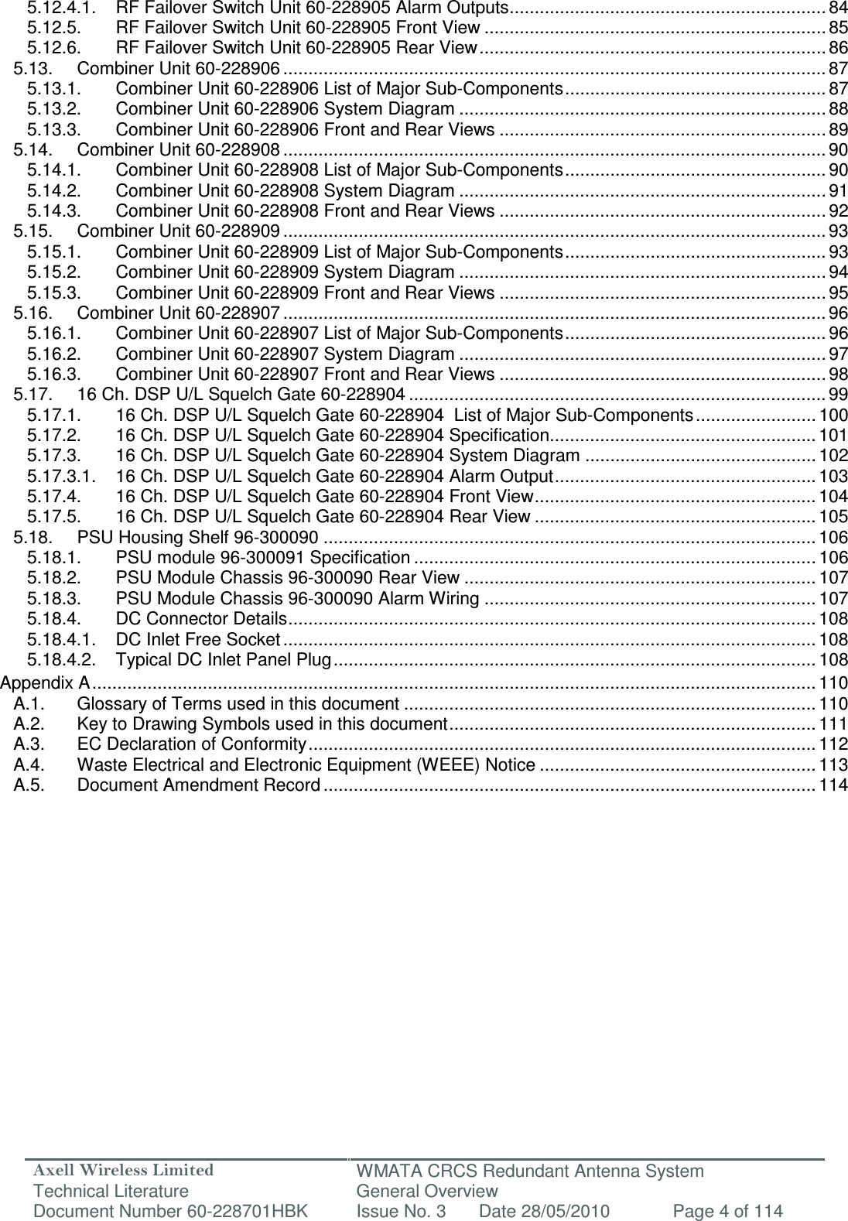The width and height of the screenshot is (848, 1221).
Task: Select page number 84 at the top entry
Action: (837, 9)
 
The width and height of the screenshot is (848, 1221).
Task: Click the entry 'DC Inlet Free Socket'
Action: (197, 640)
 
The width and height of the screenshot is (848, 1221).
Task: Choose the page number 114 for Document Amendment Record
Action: (833, 785)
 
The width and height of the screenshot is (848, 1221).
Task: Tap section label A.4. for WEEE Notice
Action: (28, 765)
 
